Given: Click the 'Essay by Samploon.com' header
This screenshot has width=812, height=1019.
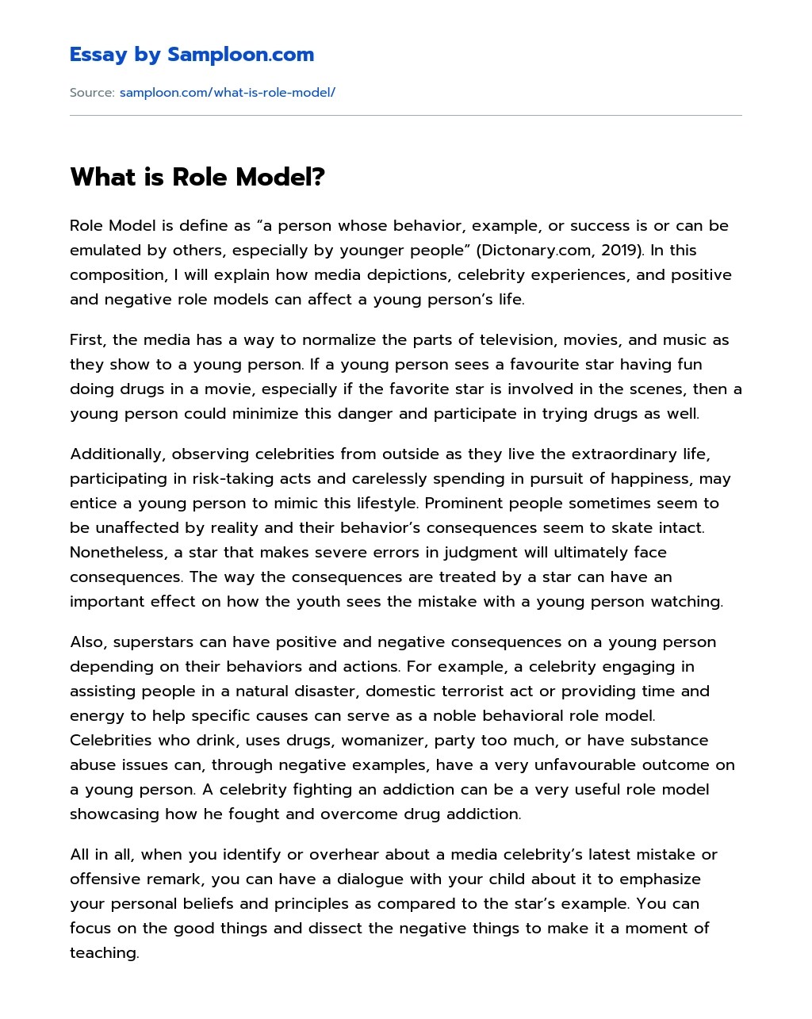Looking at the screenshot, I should click(x=191, y=55).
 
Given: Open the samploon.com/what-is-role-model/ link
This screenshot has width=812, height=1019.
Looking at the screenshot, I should click(x=227, y=93).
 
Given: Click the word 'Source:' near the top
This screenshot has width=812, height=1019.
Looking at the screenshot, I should click(x=92, y=93).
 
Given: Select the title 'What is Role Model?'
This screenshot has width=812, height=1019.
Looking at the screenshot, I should click(x=197, y=177).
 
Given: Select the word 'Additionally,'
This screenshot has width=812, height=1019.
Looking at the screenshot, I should click(x=117, y=454).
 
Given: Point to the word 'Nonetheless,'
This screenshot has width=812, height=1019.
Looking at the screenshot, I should click(x=118, y=553).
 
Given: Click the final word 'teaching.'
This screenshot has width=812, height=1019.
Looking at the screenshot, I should click(x=105, y=953).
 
